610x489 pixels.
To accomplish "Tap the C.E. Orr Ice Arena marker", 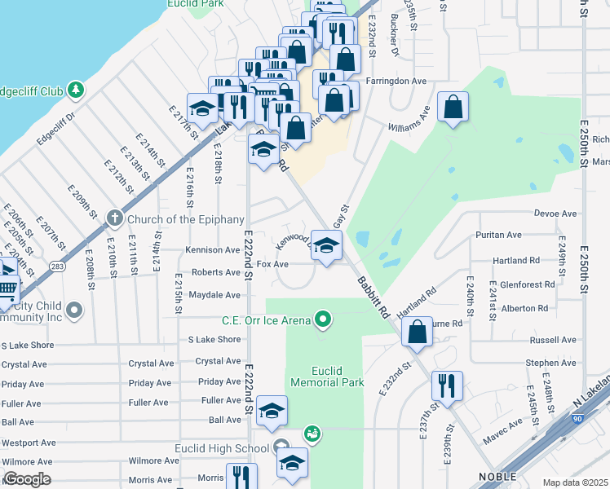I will click(x=324, y=319).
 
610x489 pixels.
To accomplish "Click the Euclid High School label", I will click(x=222, y=447).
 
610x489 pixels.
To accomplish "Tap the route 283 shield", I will click(x=56, y=266).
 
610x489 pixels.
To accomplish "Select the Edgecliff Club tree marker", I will click(x=76, y=89).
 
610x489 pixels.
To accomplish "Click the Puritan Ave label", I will click(x=498, y=235).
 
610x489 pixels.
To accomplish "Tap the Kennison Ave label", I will click(x=212, y=250).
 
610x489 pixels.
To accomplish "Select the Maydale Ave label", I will click(x=214, y=295).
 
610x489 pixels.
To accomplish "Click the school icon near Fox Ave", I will click(x=326, y=246).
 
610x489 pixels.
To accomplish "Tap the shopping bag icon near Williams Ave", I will click(x=453, y=107).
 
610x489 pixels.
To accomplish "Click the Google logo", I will click(x=27, y=479).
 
